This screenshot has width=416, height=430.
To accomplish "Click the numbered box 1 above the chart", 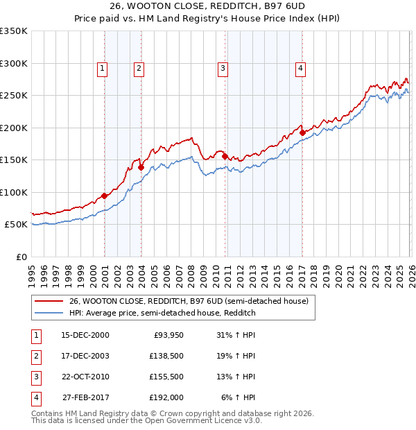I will (102, 68).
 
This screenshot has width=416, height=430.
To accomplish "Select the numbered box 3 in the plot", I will (223, 68).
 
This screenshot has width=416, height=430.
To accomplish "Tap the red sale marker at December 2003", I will (141, 167).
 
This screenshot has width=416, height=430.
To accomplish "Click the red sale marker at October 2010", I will (225, 156).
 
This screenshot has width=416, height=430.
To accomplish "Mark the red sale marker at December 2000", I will (105, 196).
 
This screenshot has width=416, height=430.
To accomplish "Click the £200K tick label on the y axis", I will (13, 128).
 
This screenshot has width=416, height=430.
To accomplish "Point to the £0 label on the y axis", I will (21, 257).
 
